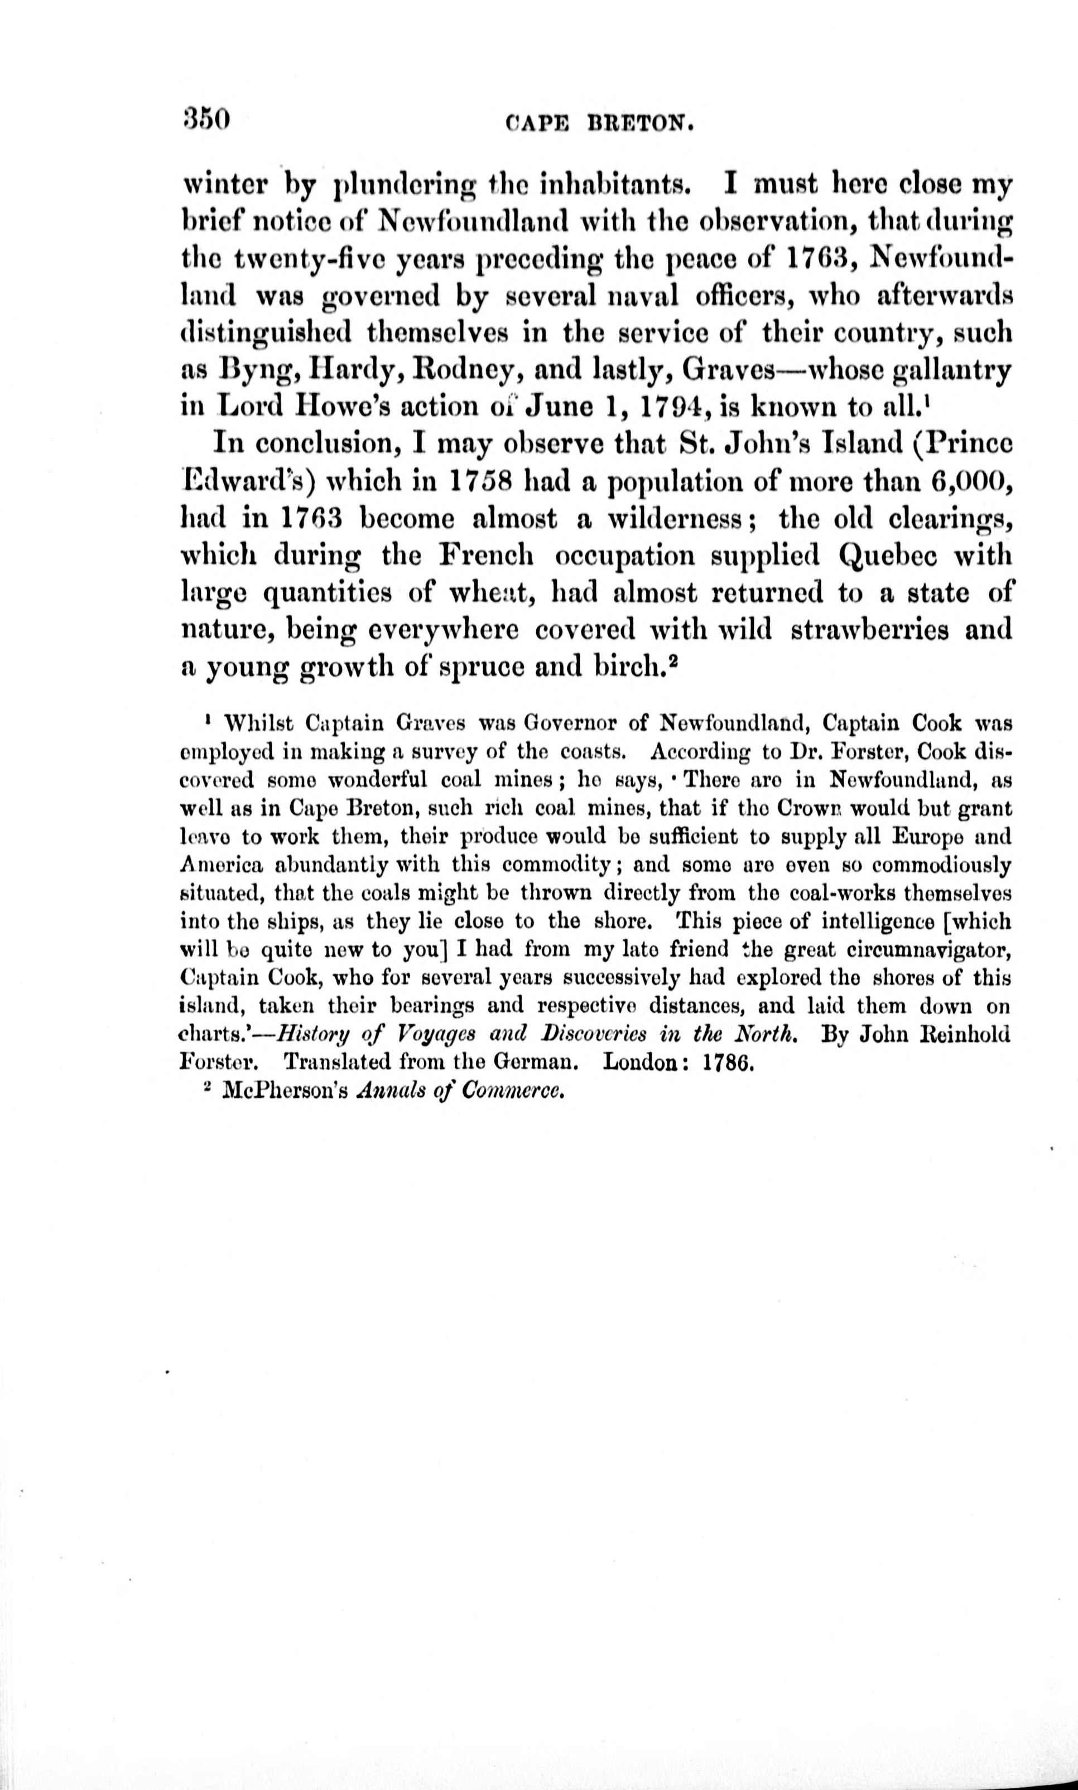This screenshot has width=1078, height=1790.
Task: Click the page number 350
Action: tap(207, 118)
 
